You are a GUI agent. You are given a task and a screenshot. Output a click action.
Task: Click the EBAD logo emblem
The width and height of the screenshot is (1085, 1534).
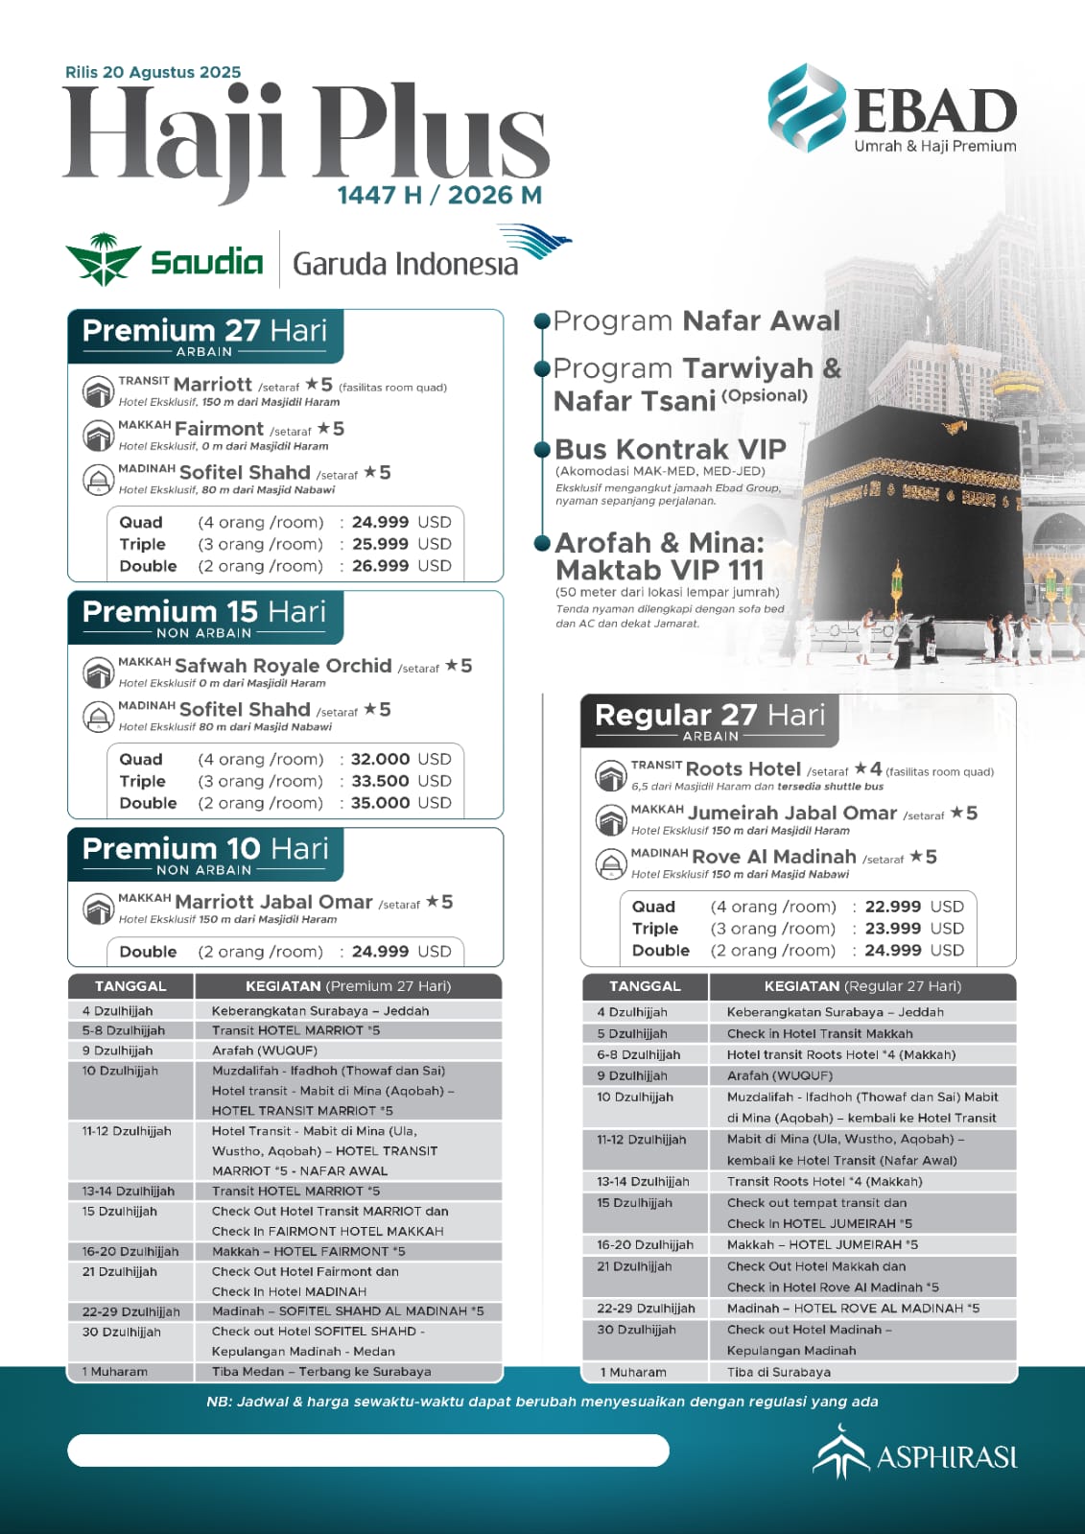pos(807,107)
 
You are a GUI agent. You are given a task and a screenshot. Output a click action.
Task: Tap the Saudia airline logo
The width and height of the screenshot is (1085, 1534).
pos(164,260)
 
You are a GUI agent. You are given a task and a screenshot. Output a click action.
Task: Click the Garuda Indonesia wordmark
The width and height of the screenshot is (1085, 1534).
pos(405,263)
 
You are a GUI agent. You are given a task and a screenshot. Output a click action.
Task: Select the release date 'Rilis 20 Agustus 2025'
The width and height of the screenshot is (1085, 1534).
pos(153,72)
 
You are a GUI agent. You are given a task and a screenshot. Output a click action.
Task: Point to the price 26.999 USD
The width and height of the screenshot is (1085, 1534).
pos(401,566)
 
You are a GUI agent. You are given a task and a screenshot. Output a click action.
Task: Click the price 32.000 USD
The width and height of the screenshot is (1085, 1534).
pos(401,759)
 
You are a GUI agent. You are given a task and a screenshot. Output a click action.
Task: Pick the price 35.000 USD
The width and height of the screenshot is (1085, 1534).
pos(401,803)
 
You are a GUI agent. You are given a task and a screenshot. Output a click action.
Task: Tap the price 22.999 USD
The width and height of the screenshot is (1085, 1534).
pos(913,907)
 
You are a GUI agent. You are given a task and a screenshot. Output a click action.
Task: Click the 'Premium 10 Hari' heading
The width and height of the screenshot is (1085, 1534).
pos(205,849)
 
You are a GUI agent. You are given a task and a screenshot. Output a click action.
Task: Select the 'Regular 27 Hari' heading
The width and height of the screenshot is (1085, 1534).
pos(709,716)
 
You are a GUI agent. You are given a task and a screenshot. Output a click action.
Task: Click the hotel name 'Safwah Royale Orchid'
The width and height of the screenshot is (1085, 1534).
pos(283,666)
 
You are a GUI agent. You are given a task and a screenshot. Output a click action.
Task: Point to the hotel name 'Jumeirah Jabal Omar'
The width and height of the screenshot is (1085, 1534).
pos(792,814)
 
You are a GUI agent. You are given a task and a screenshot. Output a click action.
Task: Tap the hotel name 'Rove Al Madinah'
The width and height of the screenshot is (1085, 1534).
pos(773,857)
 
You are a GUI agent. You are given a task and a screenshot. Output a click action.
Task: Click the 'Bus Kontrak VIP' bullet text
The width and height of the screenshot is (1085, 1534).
pos(671,449)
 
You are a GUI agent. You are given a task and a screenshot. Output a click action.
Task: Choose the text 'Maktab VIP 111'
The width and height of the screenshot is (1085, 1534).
pos(659,570)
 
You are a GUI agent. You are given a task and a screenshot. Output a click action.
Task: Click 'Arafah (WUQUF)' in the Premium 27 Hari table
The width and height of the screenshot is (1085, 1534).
pos(264,1050)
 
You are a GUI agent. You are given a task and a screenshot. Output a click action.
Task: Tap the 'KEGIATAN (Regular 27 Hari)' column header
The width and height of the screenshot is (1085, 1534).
pos(862,986)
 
